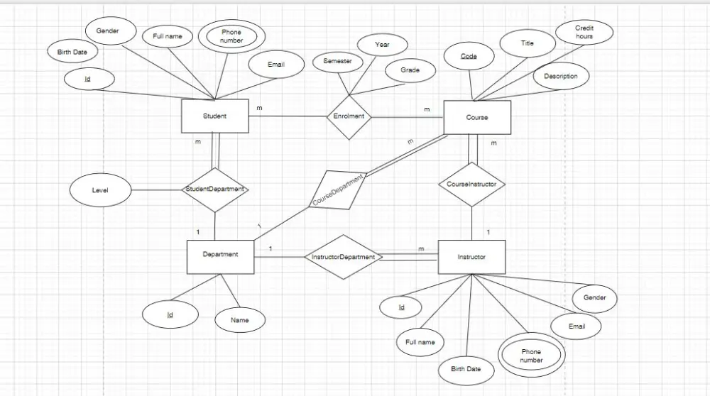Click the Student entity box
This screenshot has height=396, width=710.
214,116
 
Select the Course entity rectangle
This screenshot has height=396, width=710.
476,117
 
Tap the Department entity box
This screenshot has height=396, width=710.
220,256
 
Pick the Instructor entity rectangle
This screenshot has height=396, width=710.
471,257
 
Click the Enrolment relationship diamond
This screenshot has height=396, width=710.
349,116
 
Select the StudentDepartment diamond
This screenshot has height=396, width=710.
214,189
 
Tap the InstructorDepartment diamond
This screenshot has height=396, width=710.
343,257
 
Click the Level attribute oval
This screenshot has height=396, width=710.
100,190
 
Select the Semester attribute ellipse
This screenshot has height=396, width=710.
337,62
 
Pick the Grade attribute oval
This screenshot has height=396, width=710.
410,70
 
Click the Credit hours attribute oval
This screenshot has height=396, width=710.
584,32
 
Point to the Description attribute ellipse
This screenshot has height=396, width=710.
560,76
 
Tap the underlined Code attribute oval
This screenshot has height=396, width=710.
469,56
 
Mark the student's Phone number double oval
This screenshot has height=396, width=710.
231,36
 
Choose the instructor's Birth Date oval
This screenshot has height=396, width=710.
466,369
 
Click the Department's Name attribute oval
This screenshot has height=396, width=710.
240,320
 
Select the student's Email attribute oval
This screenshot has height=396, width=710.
275,65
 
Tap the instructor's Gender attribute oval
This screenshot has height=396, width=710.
594,298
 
